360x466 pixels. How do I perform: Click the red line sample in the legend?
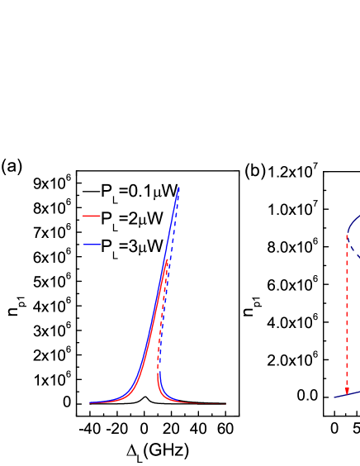pos(91,216)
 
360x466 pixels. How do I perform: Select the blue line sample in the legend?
pos(91,245)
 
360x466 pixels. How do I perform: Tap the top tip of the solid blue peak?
pos(179,188)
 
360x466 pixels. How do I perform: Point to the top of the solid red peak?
pos(167,259)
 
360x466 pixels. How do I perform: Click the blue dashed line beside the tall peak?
pos(168,248)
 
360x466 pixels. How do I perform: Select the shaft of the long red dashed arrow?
pos(347,314)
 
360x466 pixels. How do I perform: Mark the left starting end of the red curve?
pos(90,402)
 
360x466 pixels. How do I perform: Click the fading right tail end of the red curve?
pos(225,403)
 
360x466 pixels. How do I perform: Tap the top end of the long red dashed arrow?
pos(347,235)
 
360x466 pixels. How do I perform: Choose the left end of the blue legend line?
pos(83,245)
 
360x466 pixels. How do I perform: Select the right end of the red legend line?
pos(99,216)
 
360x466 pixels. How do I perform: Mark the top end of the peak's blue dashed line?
pos(178,196)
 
